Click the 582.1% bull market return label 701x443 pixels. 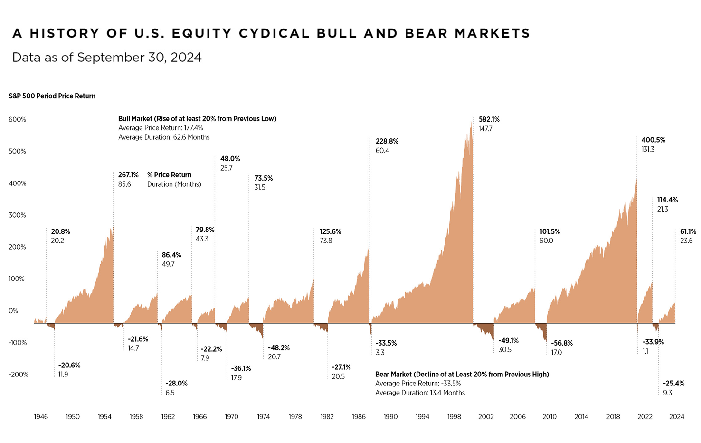pyautogui.click(x=489, y=119)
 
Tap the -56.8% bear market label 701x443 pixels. pyautogui.click(x=561, y=343)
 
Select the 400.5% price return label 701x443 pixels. pyautogui.click(x=653, y=140)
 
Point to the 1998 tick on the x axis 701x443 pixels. pyautogui.click(x=454, y=417)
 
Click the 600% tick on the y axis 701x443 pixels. pyautogui.click(x=18, y=120)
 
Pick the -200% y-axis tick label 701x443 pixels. pyautogui.click(x=19, y=375)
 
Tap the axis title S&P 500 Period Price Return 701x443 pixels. pyautogui.click(x=52, y=96)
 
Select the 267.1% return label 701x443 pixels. pyautogui.click(x=128, y=175)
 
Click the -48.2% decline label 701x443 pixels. pyautogui.click(x=279, y=348)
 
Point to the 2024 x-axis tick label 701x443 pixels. pyautogui.click(x=676, y=417)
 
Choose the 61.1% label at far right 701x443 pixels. pyautogui.click(x=688, y=232)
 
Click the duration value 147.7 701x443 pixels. pyautogui.click(x=485, y=129)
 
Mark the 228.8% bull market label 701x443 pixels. pyautogui.click(x=387, y=141)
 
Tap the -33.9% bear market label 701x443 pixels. pyautogui.click(x=653, y=342)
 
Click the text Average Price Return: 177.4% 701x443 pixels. pyautogui.click(x=161, y=128)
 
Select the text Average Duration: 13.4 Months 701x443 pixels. pyautogui.click(x=420, y=393)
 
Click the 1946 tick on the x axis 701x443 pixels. pyautogui.click(x=41, y=417)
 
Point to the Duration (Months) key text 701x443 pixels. pyautogui.click(x=174, y=184)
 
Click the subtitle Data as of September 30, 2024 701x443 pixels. pyautogui.click(x=107, y=58)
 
